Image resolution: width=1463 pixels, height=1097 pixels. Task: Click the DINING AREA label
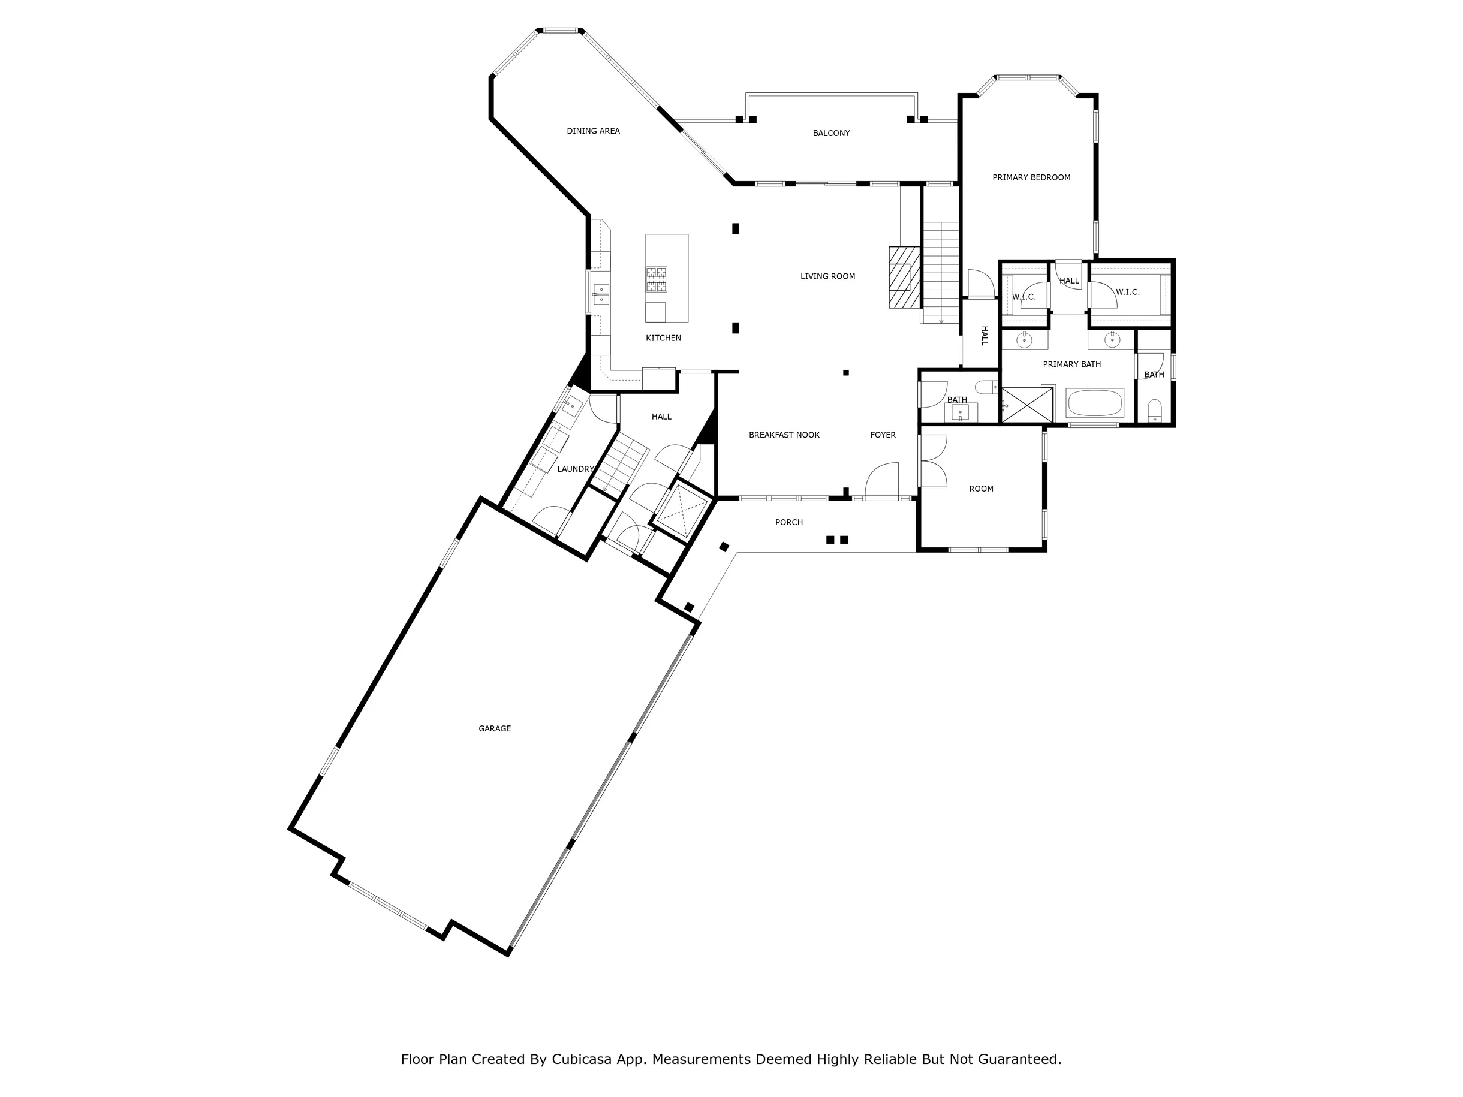pos(593,131)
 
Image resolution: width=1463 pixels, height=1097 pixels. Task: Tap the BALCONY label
pos(832,133)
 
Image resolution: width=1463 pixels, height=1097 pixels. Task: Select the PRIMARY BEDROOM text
pos(1031,177)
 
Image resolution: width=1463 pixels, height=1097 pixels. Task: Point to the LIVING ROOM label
pos(827,276)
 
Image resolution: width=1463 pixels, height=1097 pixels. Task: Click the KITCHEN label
pos(663,338)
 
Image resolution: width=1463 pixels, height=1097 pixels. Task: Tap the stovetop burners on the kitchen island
pos(657,279)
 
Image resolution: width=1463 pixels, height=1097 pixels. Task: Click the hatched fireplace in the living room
pos(904,277)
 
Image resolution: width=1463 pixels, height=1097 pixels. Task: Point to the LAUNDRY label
pos(576,469)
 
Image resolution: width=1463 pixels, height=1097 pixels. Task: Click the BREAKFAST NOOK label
pos(784,435)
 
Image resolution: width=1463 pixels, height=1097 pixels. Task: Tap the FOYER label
pos(883,435)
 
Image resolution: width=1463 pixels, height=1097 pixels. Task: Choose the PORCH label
pos(789,522)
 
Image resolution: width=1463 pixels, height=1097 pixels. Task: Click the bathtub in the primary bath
pos(1095,403)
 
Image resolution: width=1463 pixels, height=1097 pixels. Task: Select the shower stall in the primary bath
pos(1026,405)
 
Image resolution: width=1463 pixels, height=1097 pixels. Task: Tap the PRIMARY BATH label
pos(1071,364)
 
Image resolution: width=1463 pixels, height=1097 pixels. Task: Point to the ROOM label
pos(981,489)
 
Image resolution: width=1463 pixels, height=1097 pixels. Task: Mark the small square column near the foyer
pos(846,373)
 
